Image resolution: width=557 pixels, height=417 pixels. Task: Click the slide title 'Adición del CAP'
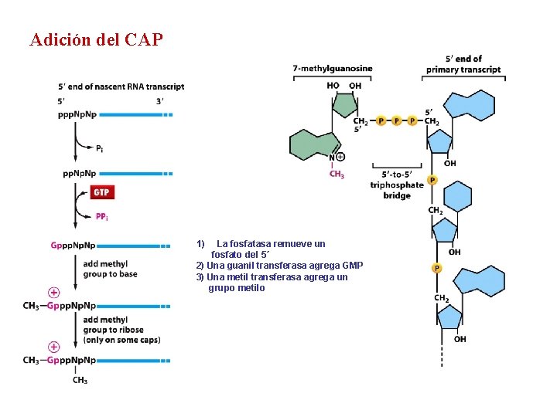pyautogui.click(x=97, y=39)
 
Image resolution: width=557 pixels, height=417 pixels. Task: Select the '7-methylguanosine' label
pyautogui.click(x=333, y=69)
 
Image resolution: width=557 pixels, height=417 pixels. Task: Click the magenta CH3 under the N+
pyautogui.click(x=337, y=175)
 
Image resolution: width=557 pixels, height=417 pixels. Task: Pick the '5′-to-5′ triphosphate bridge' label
pyautogui.click(x=397, y=185)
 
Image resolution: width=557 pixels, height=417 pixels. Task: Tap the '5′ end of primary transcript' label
pyautogui.click(x=463, y=64)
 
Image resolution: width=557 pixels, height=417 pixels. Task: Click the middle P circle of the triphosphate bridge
pyautogui.click(x=396, y=121)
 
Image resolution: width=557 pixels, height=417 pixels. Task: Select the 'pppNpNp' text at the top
pyautogui.click(x=77, y=114)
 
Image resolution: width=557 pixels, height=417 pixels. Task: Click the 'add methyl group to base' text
pyautogui.click(x=110, y=269)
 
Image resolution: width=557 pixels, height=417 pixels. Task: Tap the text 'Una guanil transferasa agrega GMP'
pyautogui.click(x=279, y=266)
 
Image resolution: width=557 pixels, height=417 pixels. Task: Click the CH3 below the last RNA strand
pyautogui.click(x=80, y=380)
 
